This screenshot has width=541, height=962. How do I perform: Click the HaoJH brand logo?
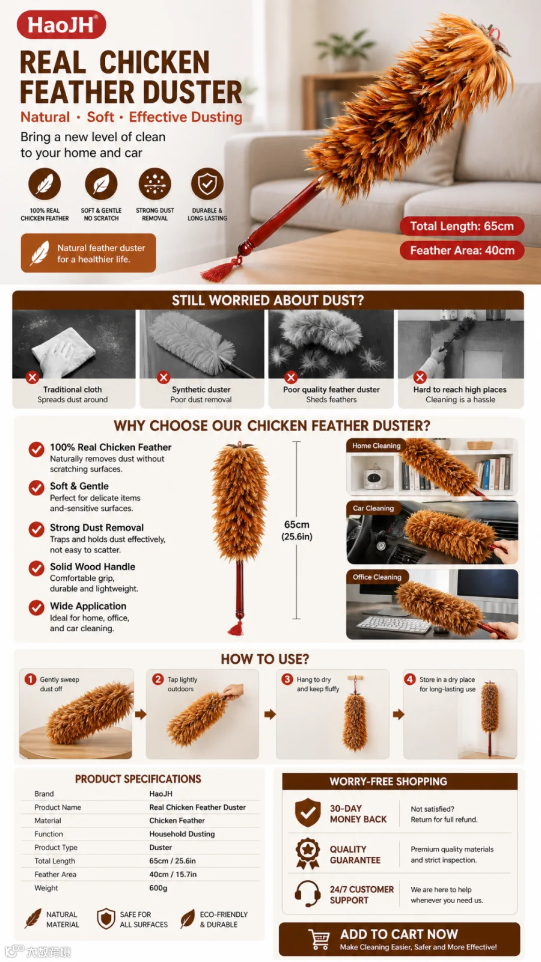(x=61, y=25)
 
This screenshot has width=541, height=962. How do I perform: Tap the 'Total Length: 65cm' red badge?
(x=462, y=226)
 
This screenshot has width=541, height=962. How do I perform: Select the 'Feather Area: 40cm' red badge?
(x=462, y=250)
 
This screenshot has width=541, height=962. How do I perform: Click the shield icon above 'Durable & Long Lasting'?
(x=207, y=184)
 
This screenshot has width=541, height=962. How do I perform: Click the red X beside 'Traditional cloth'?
(x=32, y=378)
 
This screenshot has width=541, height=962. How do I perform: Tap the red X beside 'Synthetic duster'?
(x=163, y=378)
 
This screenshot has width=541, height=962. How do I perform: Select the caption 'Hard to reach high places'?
(x=460, y=390)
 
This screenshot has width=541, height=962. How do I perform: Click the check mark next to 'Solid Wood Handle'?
(x=37, y=568)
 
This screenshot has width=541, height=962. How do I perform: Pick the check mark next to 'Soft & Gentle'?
(x=37, y=488)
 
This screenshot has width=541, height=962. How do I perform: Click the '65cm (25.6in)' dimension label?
(x=297, y=530)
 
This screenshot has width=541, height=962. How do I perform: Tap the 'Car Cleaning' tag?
(x=373, y=508)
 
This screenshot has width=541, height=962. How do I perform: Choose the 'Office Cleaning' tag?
(x=377, y=577)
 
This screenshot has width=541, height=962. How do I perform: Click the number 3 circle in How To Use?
(x=287, y=679)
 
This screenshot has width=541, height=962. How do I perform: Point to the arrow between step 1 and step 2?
(x=141, y=714)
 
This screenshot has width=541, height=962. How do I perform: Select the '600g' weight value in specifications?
(x=159, y=887)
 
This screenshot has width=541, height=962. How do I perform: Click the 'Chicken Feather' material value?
(x=177, y=820)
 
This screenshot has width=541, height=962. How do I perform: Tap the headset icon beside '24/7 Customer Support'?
(x=307, y=893)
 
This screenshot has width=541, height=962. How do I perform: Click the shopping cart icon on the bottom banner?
(x=319, y=939)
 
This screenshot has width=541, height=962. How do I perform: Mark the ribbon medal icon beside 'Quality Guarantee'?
(x=307, y=853)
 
